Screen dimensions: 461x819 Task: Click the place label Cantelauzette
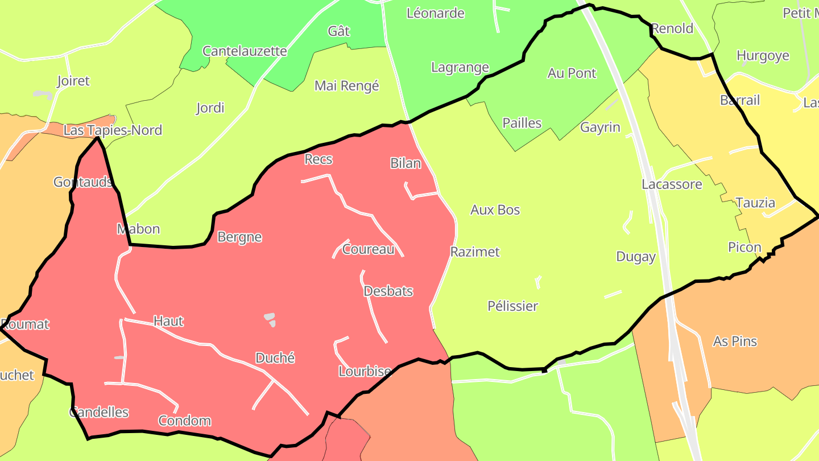point(245,51)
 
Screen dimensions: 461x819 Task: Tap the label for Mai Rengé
point(346,86)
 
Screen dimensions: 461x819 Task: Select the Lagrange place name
point(460,67)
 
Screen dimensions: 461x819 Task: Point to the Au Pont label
point(572,73)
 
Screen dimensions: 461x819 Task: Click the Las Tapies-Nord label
point(113,130)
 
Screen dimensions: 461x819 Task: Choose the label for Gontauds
point(82,182)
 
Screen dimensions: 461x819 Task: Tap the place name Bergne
point(239,237)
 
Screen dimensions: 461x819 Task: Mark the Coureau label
point(368,249)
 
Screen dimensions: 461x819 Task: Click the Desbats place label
point(388,291)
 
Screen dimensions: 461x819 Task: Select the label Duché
point(275,358)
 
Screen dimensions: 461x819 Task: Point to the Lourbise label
point(365,372)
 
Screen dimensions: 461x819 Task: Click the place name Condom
point(184,421)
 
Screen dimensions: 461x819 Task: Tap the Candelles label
point(99,412)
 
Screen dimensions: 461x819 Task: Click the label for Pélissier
point(512,306)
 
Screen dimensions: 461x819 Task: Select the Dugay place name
point(636,257)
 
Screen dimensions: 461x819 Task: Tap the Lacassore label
point(671,184)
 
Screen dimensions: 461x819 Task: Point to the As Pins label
point(735,341)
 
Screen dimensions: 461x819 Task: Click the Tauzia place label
point(755,203)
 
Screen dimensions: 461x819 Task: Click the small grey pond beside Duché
point(270,320)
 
